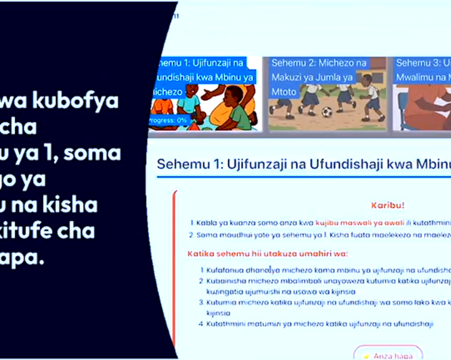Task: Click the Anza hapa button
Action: (388, 355)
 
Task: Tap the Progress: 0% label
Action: (168, 120)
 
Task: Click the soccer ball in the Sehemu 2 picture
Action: (326, 112)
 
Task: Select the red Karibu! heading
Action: (388, 205)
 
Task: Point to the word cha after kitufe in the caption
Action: (81, 231)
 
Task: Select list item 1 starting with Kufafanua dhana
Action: (326, 270)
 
